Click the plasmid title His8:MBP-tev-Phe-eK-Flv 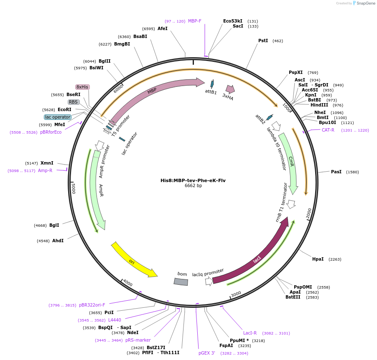coord(193,180)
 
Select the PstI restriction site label coord(263,41)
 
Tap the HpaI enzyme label coord(318,259)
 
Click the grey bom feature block coord(181,282)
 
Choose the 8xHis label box coord(82,87)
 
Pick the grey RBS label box coord(74,102)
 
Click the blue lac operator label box coord(58,117)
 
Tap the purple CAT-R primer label coord(328,130)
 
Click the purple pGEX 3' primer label coord(206,353)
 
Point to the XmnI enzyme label coord(47,163)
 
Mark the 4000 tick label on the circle coord(127,284)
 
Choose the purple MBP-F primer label coord(194,21)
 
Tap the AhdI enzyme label coord(58,241)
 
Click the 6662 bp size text coord(193,186)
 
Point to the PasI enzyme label coord(336,172)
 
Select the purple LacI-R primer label coord(250,333)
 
